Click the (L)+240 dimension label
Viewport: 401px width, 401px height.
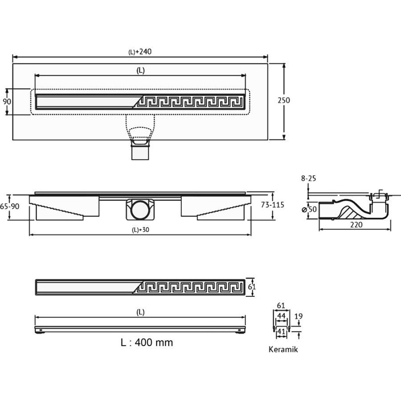[140, 52]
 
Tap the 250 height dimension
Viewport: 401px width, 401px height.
[284, 100]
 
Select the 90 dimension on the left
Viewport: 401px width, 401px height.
[7, 102]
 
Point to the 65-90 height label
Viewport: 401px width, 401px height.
[9, 206]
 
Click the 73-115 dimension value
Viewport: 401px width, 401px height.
[273, 205]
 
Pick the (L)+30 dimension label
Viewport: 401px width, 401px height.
[140, 230]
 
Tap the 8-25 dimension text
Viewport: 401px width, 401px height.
[308, 178]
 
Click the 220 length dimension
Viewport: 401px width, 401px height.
[356, 225]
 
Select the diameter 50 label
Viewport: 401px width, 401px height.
[310, 209]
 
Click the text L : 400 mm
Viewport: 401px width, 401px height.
[147, 343]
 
